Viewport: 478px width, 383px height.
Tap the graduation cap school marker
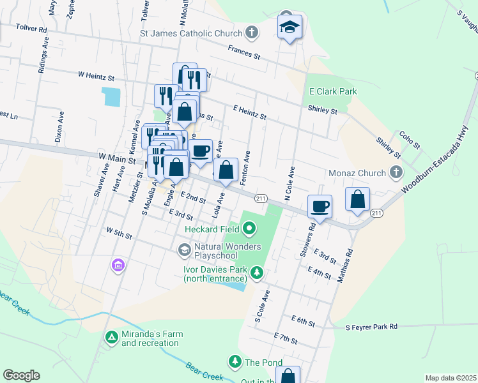coord(289,27)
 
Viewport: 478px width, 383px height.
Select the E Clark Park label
coord(333,91)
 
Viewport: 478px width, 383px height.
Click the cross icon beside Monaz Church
coord(396,172)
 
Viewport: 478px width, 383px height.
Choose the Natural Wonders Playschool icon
coord(185,249)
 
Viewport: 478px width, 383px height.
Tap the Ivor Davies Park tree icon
coord(256,273)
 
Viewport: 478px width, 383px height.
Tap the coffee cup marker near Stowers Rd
coord(320,207)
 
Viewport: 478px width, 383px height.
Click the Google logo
coord(21,375)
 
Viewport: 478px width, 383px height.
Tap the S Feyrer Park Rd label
coord(371,326)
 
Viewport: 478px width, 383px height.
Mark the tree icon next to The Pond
coord(235,363)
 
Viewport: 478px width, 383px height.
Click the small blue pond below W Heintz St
coord(111,96)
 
